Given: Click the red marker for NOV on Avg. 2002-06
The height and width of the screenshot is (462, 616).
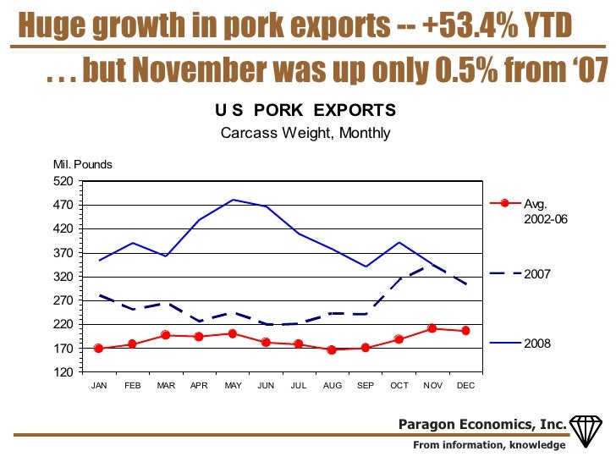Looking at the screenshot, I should [432, 328].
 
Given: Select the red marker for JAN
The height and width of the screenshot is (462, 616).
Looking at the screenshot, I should [99, 349].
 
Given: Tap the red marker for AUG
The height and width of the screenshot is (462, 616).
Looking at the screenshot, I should [332, 349].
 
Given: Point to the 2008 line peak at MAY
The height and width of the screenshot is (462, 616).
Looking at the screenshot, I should [233, 201].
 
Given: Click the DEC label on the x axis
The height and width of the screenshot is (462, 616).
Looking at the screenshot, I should [465, 385].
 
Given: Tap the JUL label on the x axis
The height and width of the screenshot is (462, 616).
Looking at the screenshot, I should [298, 385].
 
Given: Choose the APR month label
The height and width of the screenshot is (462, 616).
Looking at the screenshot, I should [199, 385].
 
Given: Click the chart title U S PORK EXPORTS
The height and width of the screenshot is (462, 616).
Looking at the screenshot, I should [305, 111].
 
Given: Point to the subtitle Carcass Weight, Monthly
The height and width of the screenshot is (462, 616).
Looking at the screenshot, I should [305, 133].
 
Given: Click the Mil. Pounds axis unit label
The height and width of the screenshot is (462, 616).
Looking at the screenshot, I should [82, 165].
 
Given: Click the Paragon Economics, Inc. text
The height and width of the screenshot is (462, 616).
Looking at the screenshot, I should [482, 424].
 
